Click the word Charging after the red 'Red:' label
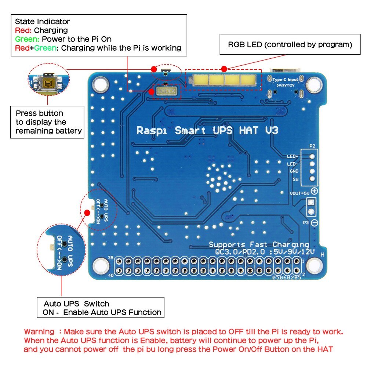51,30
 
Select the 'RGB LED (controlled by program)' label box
290,45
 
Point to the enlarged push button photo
48,83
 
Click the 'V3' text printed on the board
272,130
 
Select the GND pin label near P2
294,171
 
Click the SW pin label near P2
295,179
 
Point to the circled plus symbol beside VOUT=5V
315,191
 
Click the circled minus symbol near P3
315,223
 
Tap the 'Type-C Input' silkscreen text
285,79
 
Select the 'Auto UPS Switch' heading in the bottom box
76,304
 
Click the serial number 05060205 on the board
287,278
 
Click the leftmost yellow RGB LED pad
200,80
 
